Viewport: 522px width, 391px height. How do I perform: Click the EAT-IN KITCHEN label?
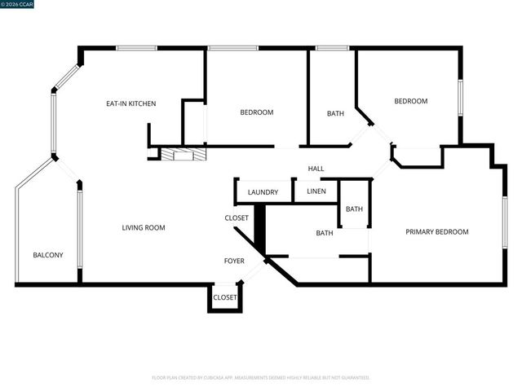[130, 103]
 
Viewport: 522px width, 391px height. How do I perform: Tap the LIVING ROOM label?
[144, 228]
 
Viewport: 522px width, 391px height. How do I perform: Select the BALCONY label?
[48, 255]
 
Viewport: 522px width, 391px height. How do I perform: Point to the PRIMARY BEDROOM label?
[437, 232]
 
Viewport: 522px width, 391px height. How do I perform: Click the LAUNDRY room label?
[263, 192]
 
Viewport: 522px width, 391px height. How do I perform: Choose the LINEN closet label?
[316, 191]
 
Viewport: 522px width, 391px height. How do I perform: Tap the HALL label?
[316, 169]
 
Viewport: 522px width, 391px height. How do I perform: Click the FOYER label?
[234, 261]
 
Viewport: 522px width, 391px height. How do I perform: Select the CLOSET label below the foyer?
[224, 297]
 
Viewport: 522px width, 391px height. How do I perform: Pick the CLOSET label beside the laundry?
[237, 218]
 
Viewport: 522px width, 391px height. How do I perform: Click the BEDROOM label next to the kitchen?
[256, 112]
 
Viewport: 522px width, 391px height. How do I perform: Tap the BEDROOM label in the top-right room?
[410, 102]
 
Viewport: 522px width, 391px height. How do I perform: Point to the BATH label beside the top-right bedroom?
[335, 113]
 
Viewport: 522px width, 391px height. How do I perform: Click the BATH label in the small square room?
[354, 209]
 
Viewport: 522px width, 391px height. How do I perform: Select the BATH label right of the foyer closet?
[325, 234]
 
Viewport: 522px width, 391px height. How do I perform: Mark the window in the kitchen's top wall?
[136, 48]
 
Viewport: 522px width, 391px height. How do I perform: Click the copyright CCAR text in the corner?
[17, 4]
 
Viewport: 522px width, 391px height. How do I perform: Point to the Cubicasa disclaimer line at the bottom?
[261, 378]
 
